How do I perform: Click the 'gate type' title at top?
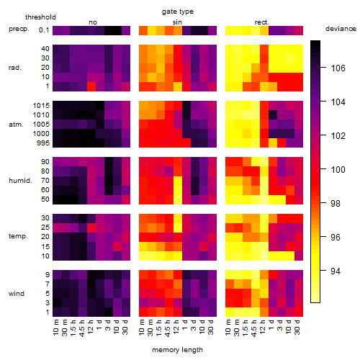(178, 12)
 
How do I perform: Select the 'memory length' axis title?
(177, 350)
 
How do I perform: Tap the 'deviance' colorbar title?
(341, 29)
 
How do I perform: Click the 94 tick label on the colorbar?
(336, 271)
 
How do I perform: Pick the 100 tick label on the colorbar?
(338, 170)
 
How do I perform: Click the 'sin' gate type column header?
(177, 22)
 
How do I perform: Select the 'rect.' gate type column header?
(262, 22)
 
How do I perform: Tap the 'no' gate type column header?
(93, 22)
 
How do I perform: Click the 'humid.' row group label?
(20, 181)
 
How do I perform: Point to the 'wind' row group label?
(17, 294)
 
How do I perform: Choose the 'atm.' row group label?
(16, 125)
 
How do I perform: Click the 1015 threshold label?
(41, 106)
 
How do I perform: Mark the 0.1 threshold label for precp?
(44, 30)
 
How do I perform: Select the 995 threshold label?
(43, 143)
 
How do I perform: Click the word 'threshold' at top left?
(40, 17)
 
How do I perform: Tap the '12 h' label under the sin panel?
(176, 327)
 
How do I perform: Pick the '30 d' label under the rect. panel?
(297, 327)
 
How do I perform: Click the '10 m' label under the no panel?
(55, 328)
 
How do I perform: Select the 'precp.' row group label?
(19, 29)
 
